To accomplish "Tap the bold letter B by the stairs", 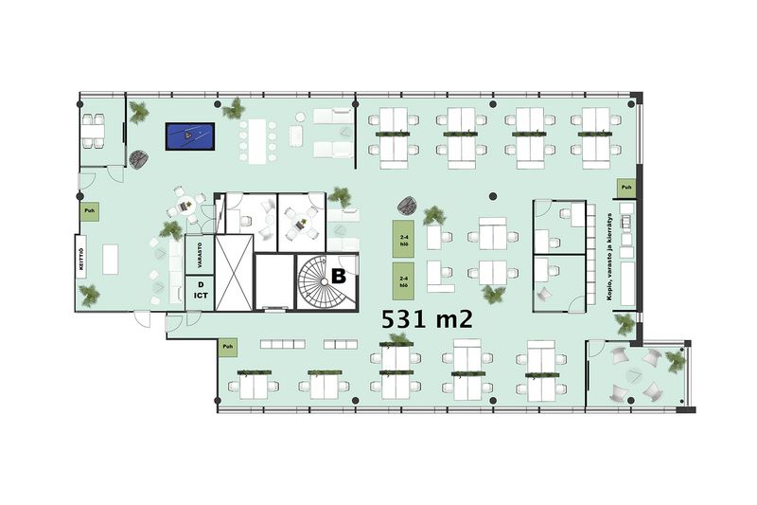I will coord(337,276).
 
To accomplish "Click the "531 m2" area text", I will coord(427,318).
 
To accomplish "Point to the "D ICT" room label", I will coord(201,291).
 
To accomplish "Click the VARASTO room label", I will coord(201,254).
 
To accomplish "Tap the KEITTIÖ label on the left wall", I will coord(83,258).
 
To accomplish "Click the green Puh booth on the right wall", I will coord(626,189).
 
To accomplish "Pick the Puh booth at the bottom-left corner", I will coord(227,349).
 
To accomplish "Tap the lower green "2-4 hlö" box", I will coord(403,280).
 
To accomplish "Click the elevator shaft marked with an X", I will coord(236,271).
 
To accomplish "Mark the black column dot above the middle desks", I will coord(493,195).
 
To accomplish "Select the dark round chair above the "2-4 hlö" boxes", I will coord(410,204).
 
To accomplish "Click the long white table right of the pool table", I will coord(256,140).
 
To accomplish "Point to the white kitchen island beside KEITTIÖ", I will coord(111,259).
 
